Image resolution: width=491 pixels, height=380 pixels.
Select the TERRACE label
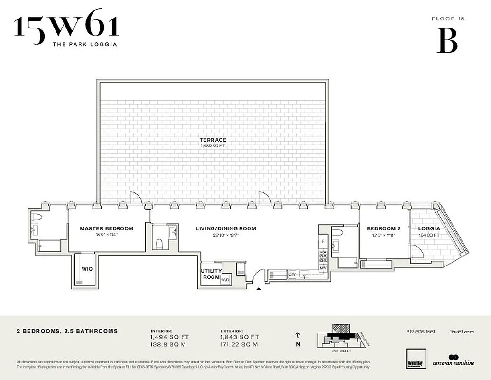pyautogui.click(x=213, y=140)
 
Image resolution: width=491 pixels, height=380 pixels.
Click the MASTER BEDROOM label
pyautogui.click(x=106, y=228)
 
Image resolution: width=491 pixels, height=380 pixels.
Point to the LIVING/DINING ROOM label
pyautogui.click(x=226, y=228)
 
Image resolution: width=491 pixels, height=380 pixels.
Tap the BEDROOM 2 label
pyautogui.click(x=383, y=228)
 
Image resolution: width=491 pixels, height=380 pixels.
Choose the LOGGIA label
pyautogui.click(x=429, y=228)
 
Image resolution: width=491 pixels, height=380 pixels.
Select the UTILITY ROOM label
pyautogui.click(x=212, y=274)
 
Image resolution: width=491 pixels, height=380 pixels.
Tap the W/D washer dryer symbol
pyautogui.click(x=224, y=280)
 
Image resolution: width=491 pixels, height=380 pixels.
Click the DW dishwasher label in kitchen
pyautogui.click(x=292, y=274)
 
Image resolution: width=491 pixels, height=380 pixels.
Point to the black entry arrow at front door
pyautogui.click(x=259, y=288)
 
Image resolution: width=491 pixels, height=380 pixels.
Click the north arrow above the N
pyautogui.click(x=297, y=335)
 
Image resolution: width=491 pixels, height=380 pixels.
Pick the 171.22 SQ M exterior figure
pyautogui.click(x=239, y=344)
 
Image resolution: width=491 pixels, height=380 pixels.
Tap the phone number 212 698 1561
pyautogui.click(x=421, y=332)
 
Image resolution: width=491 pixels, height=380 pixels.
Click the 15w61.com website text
pyautogui.click(x=462, y=332)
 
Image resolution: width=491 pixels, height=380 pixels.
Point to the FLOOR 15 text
pyautogui.click(x=447, y=19)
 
